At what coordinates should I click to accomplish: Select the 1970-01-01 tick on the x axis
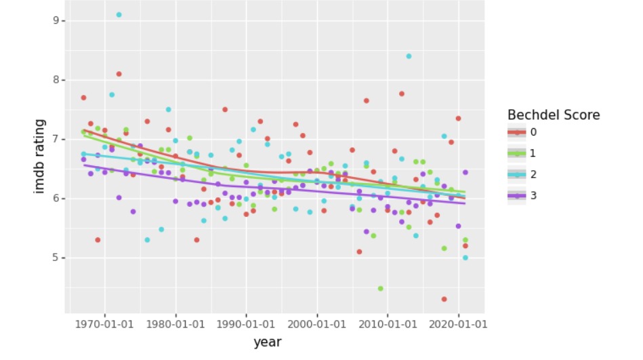[104, 323]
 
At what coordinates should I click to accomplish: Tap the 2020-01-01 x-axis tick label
[459, 323]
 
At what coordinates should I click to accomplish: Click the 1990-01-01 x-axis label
[246, 323]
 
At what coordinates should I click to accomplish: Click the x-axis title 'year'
[267, 342]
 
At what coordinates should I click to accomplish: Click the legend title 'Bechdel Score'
[554, 115]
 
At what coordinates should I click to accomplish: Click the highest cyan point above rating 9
[119, 14]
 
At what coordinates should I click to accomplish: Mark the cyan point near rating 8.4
[409, 56]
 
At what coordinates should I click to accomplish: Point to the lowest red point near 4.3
[444, 299]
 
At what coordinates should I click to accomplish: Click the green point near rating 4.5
[380, 288]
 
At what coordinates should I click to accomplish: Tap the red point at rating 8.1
[119, 74]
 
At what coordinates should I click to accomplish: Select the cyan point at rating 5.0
[465, 258]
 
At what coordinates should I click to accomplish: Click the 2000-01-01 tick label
[317, 323]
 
